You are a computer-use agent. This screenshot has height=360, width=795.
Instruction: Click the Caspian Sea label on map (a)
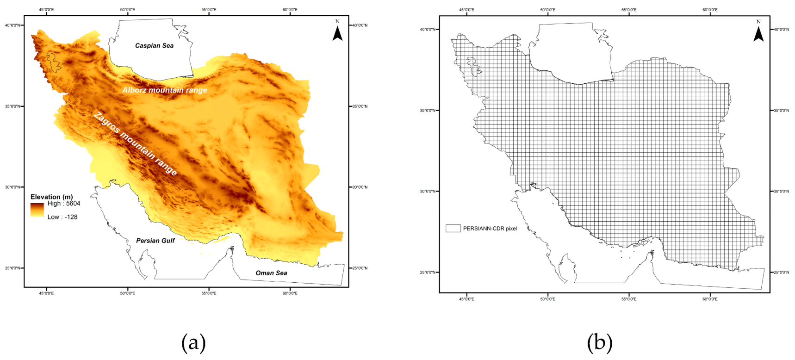tap(154, 46)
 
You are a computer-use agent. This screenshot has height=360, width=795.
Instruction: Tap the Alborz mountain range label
tap(165, 90)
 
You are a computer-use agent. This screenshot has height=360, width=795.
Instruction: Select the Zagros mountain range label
tap(135, 143)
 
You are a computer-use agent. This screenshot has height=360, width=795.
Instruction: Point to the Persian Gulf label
tap(155, 241)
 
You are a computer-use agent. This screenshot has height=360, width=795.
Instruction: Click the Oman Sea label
tap(271, 273)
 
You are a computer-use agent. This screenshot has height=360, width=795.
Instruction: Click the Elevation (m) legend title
tap(52, 197)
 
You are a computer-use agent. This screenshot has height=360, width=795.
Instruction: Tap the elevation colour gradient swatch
tap(37, 210)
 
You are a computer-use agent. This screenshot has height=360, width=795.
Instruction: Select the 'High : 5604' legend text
tap(63, 204)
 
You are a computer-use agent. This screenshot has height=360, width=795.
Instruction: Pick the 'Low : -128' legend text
tap(62, 217)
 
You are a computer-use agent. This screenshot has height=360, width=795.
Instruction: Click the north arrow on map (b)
tap(758, 32)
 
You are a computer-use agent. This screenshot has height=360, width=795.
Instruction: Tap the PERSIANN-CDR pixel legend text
tap(490, 229)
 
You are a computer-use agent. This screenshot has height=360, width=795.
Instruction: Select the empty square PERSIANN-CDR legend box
tap(453, 229)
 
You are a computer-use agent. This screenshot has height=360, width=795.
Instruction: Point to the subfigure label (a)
tap(193, 343)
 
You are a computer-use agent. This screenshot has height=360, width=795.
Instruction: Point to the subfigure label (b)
tap(599, 343)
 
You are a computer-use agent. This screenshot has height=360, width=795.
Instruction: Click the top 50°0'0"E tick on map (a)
tap(128, 10)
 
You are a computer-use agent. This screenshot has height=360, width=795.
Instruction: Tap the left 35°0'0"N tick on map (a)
tap(12, 106)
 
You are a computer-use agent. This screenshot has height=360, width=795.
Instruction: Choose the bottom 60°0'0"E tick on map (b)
tap(710, 299)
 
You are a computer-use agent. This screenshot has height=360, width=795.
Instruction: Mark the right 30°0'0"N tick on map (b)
tap(781, 191)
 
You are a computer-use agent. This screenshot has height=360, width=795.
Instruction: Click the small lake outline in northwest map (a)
tap(54, 62)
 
